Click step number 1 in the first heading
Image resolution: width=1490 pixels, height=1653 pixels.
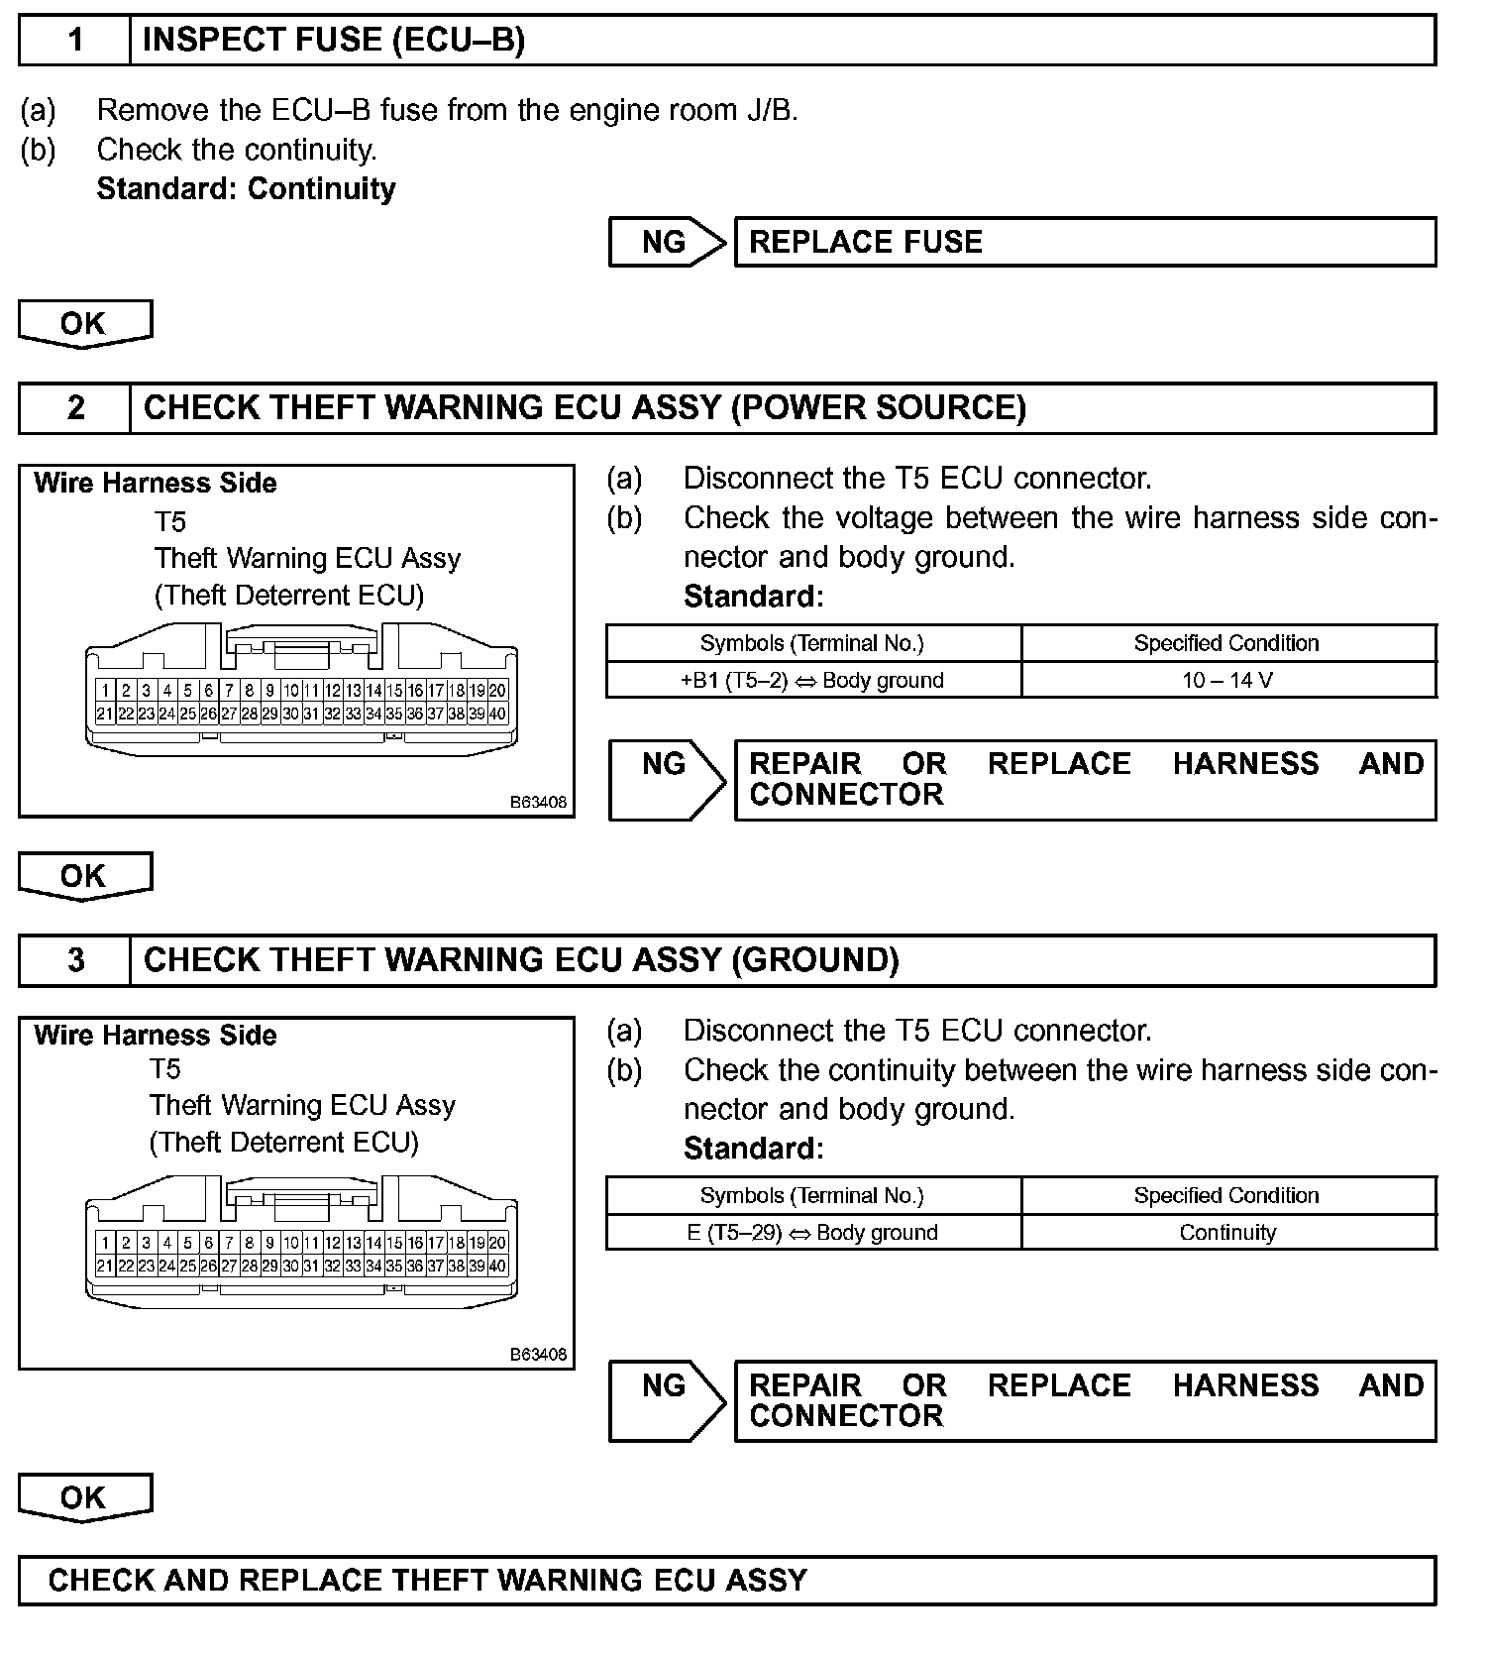point(75,41)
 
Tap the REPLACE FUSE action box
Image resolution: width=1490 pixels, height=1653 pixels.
point(1084,242)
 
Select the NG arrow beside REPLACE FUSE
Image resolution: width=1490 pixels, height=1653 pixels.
point(667,242)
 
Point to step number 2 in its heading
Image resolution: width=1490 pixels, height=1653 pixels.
point(75,408)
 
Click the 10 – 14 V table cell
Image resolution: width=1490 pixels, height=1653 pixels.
point(1227,681)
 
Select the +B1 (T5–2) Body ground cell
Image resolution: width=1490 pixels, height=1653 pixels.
point(813,681)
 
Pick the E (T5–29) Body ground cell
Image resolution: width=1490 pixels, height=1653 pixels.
point(813,1233)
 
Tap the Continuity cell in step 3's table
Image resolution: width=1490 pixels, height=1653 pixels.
point(1227,1233)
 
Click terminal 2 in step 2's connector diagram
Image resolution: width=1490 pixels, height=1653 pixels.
point(126,691)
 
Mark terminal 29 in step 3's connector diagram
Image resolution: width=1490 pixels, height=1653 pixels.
point(269,1266)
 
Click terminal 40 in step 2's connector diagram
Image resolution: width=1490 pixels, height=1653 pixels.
point(497,714)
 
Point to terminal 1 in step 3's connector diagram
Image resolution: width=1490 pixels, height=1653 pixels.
point(105,1243)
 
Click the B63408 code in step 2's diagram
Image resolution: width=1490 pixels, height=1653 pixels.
point(539,802)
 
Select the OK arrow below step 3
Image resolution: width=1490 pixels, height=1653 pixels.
point(84,1497)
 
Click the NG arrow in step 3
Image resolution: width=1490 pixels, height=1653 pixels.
point(667,1399)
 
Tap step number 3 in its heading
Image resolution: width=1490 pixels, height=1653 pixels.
point(75,960)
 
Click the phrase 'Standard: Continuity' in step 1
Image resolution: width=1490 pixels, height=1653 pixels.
point(246,189)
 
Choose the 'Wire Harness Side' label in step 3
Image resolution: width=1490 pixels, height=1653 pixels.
point(156,1036)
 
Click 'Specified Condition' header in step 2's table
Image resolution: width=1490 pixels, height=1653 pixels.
point(1226,643)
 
